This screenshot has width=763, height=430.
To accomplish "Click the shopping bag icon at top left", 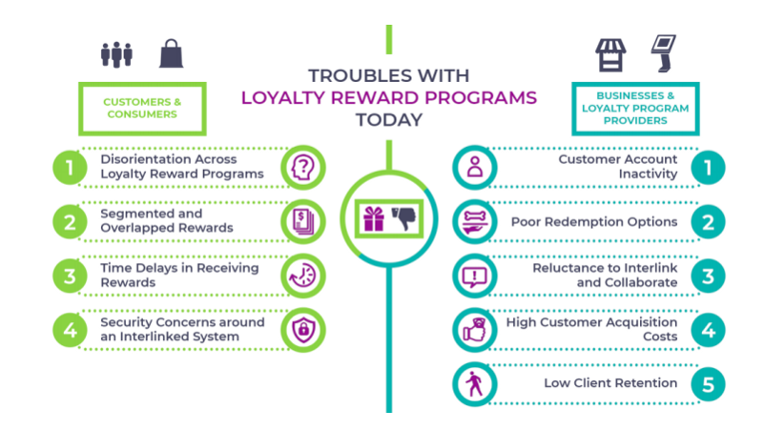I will coord(171,54).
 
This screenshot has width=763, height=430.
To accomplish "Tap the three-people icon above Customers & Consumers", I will coord(117,54).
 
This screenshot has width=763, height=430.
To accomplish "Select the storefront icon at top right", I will coord(610,54).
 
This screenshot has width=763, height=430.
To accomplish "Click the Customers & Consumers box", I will coord(129,108).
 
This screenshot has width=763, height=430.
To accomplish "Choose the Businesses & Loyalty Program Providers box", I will coord(635,108).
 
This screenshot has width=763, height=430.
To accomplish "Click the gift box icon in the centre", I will coord(372,218).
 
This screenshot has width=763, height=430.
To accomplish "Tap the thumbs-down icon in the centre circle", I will coord(403,218).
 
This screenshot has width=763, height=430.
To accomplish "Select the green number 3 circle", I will coord(68,276).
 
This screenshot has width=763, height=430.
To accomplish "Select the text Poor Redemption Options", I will coord(593,222).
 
